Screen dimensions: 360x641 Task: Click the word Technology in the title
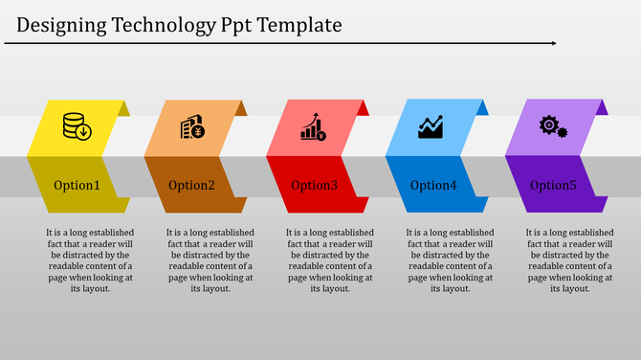[161, 25]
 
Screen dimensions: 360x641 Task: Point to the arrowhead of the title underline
[552, 43]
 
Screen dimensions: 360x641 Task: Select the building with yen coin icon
[192, 127]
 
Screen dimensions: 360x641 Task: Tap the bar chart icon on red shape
[313, 127]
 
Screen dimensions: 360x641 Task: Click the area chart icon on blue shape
[431, 127]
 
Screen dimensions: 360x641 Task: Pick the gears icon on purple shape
[553, 126]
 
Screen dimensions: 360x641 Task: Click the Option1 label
[77, 185]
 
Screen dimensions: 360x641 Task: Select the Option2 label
[192, 185]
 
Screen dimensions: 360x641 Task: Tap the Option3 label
[314, 185]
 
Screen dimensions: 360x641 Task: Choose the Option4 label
[433, 185]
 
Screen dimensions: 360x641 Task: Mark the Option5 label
[553, 185]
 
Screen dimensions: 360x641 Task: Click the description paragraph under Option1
[90, 260]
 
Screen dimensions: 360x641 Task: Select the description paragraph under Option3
[330, 260]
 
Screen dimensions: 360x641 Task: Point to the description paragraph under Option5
[569, 260]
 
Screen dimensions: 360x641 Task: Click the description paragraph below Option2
[210, 260]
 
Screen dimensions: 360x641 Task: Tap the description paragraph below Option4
[450, 260]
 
